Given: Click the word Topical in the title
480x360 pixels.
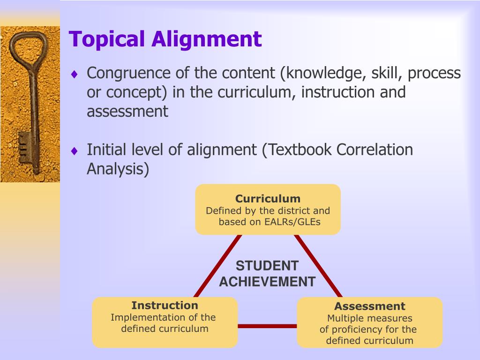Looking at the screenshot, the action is tap(106, 40).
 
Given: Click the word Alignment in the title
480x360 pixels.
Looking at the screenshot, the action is tap(207, 39).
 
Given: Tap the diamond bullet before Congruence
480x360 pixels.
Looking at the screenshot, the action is tap(75, 74).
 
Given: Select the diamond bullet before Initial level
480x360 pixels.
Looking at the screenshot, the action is tap(75, 150).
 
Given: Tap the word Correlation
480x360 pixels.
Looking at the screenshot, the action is tap(375, 150).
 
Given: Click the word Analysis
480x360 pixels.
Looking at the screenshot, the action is tap(118, 169).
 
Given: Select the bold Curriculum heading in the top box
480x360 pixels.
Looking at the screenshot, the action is tap(268, 199).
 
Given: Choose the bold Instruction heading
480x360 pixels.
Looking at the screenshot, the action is tap(165, 305).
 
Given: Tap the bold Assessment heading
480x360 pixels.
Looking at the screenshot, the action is tap(370, 306).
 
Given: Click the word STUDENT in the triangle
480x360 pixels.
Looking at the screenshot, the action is tap(267, 266).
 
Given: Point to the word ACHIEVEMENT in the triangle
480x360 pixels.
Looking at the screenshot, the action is tap(267, 282).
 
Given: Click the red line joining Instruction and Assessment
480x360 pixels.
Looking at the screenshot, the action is tap(267, 326).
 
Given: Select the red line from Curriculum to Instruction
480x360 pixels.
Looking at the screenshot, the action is tap(217, 266).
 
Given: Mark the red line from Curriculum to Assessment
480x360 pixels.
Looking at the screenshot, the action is tap(318, 266).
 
